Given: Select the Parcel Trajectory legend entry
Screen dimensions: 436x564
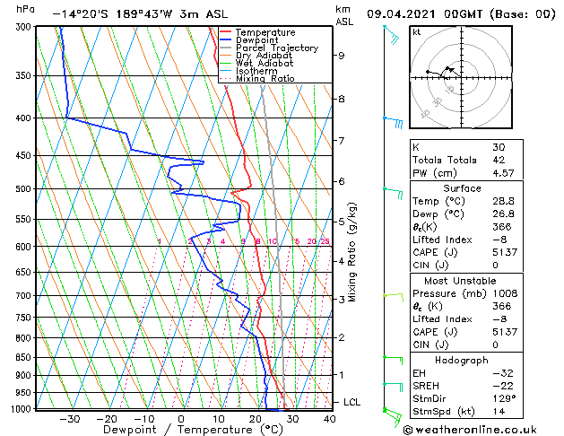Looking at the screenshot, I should (x=276, y=48).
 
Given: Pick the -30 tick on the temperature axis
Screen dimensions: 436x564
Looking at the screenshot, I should (x=68, y=418).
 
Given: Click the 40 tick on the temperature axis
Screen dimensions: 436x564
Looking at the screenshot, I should (x=329, y=418).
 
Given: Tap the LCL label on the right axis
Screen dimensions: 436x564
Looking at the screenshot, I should (x=351, y=403).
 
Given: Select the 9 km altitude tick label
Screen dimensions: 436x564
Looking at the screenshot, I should (x=342, y=55).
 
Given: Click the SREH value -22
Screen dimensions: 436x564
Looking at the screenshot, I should (x=500, y=386).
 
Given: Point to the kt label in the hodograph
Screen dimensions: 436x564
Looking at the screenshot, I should (x=416, y=31).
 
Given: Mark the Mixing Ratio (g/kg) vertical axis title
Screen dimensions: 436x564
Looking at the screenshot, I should (x=352, y=252).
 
